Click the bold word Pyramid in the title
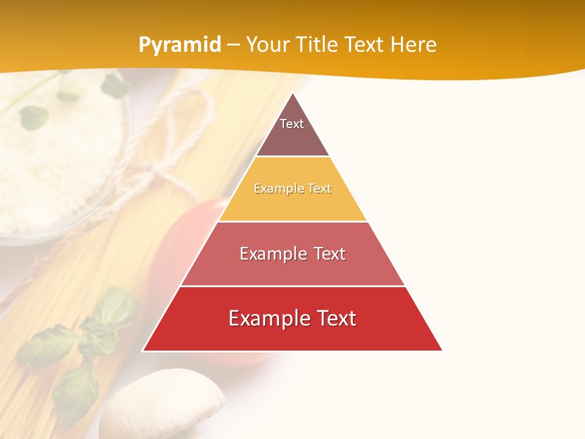(179, 45)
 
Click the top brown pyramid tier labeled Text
(292, 131)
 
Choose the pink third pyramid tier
(292, 254)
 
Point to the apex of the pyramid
(292, 93)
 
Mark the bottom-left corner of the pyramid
(143, 351)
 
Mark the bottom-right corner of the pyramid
(442, 351)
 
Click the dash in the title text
(233, 45)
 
